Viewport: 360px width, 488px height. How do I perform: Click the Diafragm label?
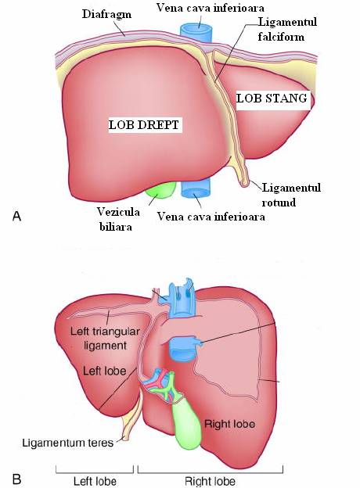tap(106, 14)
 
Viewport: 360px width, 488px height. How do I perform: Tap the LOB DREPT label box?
tap(145, 125)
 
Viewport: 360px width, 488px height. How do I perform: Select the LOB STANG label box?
tap(273, 99)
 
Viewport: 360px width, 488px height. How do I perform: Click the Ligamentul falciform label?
tap(287, 29)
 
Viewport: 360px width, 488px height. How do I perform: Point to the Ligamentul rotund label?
tap(291, 195)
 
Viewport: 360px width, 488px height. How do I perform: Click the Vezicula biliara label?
tap(117, 219)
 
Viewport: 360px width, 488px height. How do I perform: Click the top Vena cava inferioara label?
tap(210, 8)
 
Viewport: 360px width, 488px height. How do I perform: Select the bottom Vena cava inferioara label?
tap(211, 217)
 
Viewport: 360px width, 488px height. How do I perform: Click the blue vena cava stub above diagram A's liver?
tap(196, 34)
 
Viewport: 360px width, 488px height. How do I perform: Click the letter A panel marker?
tap(16, 216)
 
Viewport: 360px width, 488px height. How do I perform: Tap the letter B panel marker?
tap(16, 479)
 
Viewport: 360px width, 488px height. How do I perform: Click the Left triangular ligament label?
tap(105, 339)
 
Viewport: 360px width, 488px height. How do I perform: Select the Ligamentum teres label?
tap(68, 443)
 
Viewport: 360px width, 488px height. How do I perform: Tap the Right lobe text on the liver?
tap(229, 424)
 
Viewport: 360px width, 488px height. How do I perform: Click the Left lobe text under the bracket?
tap(95, 481)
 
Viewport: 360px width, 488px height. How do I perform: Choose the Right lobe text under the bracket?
tap(210, 481)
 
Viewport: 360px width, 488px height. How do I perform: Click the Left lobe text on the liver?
tap(104, 371)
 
